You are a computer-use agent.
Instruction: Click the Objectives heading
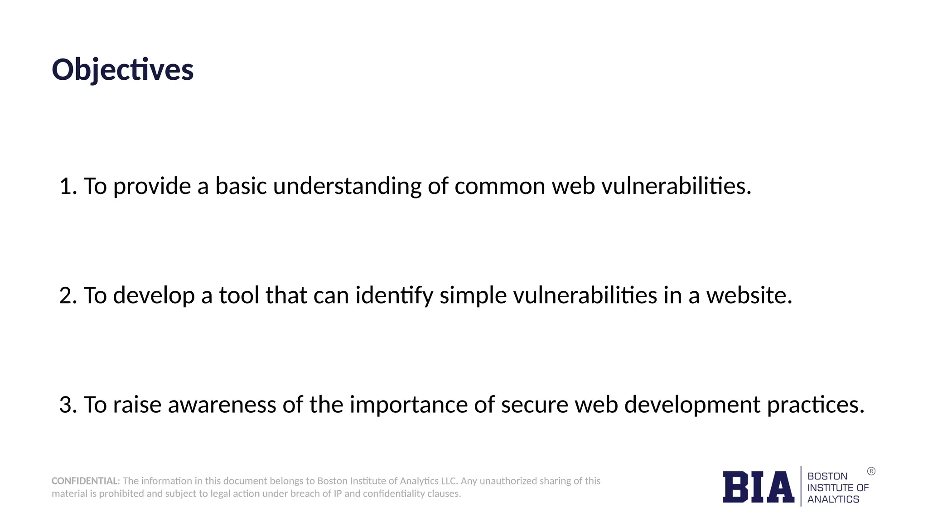coord(123,70)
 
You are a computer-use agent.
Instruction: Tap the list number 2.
coord(68,295)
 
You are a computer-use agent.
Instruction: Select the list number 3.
coord(68,405)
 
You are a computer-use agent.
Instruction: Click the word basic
coord(241,186)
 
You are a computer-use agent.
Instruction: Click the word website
coord(749,295)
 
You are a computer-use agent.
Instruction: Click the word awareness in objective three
coord(222,405)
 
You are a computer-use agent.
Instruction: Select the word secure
coord(535,405)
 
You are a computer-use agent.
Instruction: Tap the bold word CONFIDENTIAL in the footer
coord(85,481)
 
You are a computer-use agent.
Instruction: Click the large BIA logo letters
coord(758,487)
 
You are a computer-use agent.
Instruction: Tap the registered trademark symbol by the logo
coord(871,471)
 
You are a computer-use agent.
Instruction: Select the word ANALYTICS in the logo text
coord(833,499)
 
